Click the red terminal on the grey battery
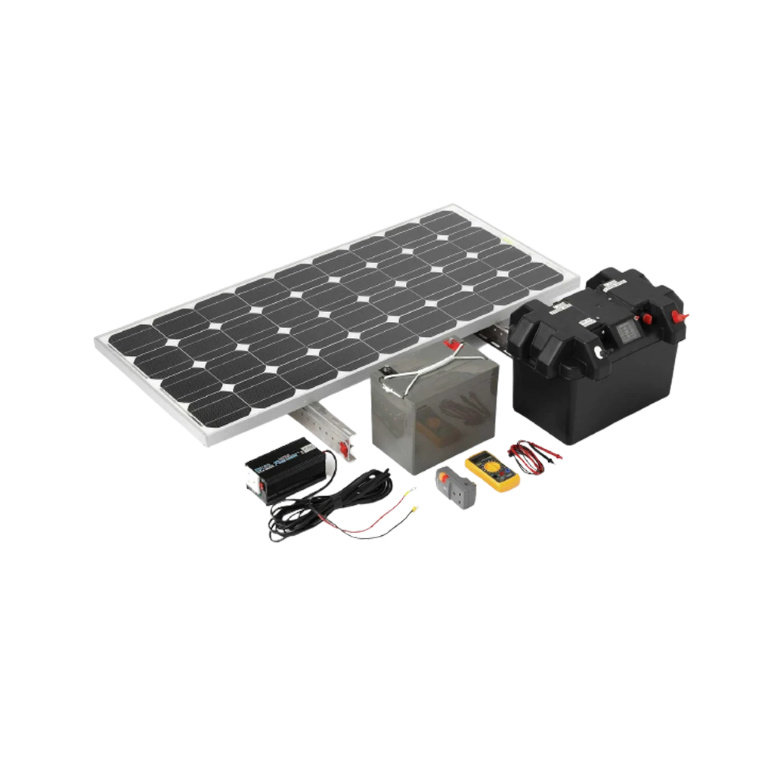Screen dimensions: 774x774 [454, 345]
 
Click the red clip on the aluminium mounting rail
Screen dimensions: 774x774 [343, 450]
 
